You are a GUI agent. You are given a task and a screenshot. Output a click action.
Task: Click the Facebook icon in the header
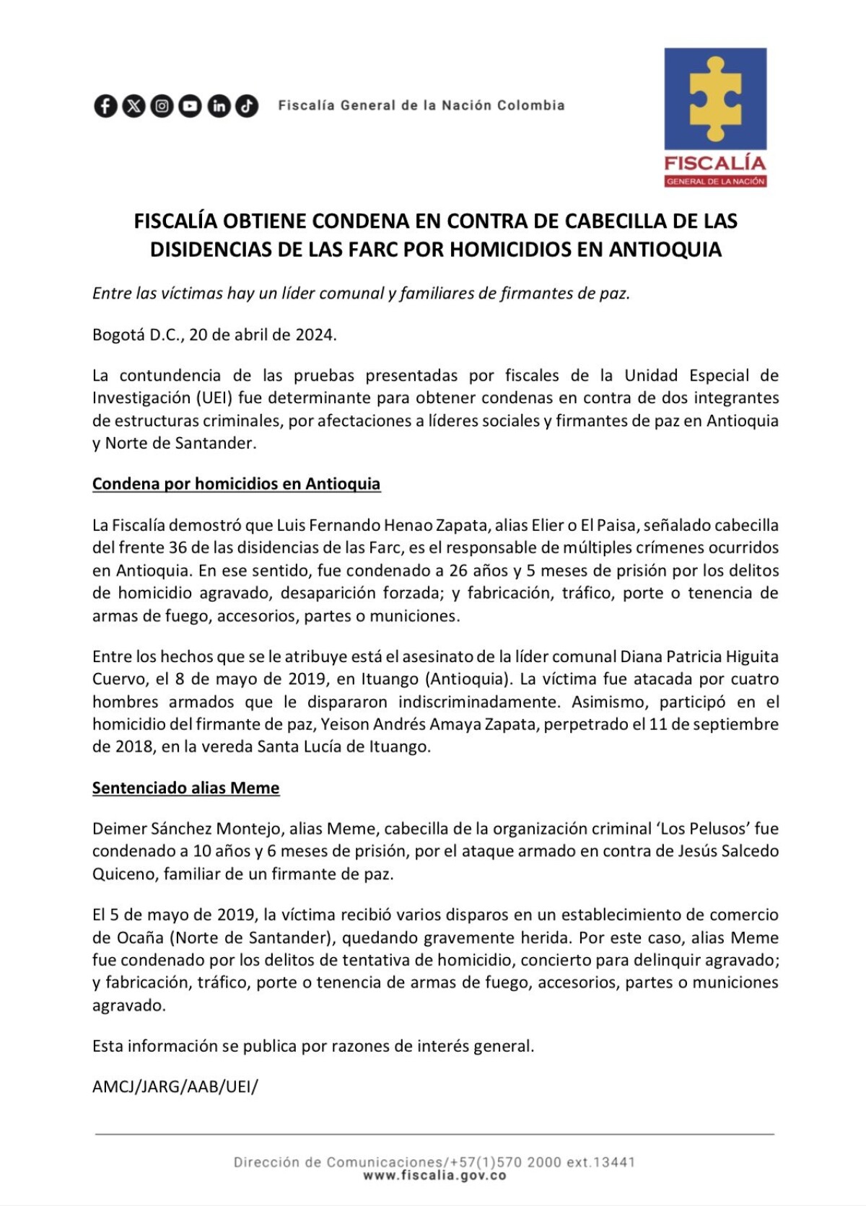(x=105, y=106)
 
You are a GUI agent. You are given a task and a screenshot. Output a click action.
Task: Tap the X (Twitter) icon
(x=134, y=106)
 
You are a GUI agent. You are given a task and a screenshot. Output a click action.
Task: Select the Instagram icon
(x=162, y=106)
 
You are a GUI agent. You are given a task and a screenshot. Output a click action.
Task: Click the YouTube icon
(x=190, y=106)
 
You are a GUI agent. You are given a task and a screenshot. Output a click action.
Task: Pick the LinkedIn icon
(x=218, y=106)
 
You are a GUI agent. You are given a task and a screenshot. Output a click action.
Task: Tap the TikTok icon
(x=246, y=106)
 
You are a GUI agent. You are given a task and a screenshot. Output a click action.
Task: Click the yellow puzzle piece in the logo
(x=715, y=98)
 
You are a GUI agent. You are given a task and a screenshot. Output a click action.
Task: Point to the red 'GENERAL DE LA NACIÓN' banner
(x=715, y=181)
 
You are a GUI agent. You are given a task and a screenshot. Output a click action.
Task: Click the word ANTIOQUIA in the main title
(x=665, y=250)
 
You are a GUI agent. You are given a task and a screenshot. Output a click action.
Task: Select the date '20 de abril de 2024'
(x=263, y=335)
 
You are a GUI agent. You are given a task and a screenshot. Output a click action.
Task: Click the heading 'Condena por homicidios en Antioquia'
(x=236, y=484)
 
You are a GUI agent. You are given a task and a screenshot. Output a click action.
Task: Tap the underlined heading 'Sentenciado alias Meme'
(x=185, y=788)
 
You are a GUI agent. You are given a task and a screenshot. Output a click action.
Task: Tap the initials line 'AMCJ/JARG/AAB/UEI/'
(x=175, y=1087)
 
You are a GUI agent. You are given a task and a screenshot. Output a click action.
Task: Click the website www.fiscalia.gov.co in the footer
(x=434, y=1176)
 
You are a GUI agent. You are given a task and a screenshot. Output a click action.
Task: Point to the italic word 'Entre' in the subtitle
(x=112, y=294)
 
